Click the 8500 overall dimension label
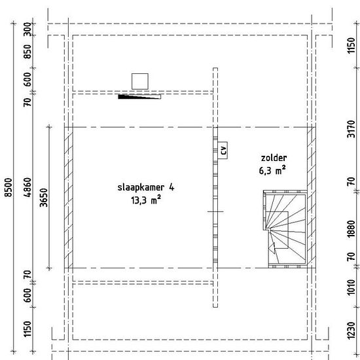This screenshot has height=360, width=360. click(9, 187)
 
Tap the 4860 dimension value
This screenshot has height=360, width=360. click(27, 187)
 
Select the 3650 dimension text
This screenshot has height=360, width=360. click(44, 198)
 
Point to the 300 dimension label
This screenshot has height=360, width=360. click(27, 29)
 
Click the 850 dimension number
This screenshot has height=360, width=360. click(27, 52)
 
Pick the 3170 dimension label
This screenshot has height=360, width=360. click(351, 129)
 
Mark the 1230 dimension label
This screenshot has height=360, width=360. click(351, 331)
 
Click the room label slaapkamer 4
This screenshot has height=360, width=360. click(146, 188)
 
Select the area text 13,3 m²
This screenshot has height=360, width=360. click(146, 200)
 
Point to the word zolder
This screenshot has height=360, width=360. click(274, 158)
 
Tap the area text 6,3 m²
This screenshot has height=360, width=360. click(272, 170)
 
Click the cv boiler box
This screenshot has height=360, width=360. click(223, 151)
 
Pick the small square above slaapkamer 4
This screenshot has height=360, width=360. click(140, 81)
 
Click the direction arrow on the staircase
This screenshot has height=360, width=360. click(272, 248)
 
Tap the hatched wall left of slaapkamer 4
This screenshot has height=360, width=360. click(69, 198)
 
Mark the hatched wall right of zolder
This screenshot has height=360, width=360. click(312, 198)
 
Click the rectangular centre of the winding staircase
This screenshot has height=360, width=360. click(277, 230)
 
